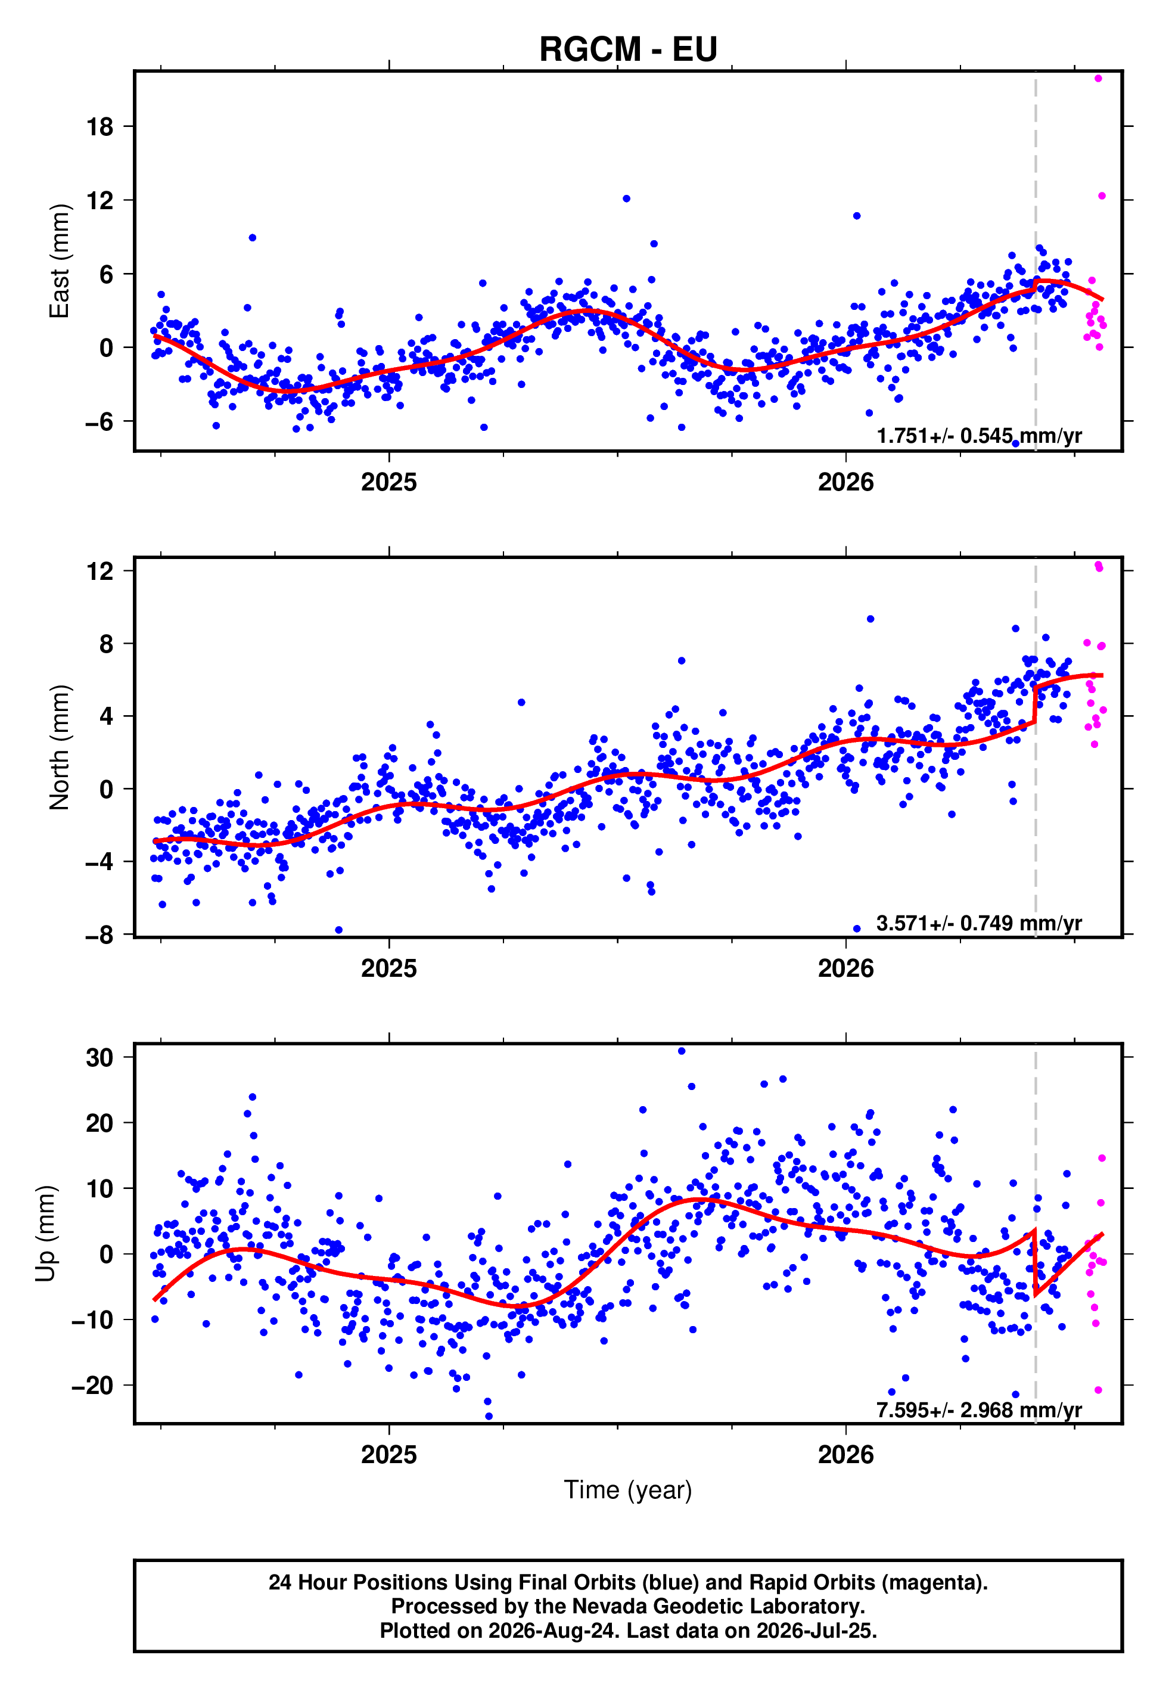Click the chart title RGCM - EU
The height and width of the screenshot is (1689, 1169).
[628, 49]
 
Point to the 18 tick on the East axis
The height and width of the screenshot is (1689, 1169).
[100, 127]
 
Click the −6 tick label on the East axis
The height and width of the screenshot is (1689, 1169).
[99, 421]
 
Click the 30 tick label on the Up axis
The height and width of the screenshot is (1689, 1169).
[100, 1058]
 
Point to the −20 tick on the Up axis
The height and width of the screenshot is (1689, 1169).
[92, 1386]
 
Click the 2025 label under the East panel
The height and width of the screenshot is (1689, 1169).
[389, 482]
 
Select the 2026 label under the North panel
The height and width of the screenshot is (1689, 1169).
[846, 968]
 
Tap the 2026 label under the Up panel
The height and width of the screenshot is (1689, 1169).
[846, 1455]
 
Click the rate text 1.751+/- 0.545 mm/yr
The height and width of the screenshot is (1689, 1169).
[980, 436]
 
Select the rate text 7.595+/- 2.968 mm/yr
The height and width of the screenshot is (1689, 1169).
[980, 1410]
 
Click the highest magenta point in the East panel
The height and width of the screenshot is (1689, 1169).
[1098, 78]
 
